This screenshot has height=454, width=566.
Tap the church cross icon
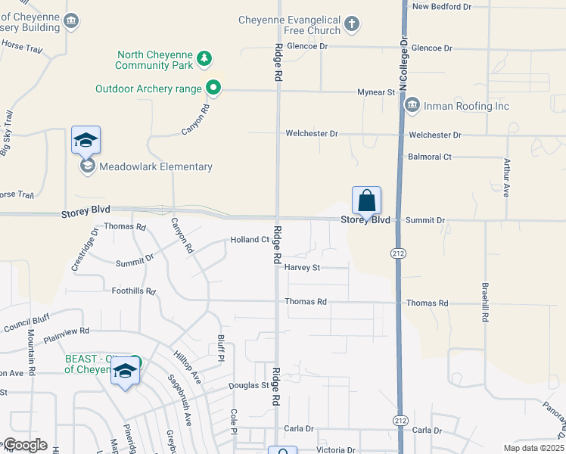[351, 24]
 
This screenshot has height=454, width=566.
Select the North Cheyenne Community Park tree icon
[203, 58]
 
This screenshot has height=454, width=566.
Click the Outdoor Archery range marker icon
[213, 89]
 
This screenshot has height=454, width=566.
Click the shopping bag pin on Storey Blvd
[366, 201]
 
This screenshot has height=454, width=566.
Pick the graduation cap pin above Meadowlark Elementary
[86, 140]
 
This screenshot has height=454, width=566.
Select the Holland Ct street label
[250, 240]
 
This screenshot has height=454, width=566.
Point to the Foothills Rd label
[133, 291]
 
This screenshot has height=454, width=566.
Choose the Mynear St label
[376, 92]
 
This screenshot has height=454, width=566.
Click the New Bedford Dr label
[441, 6]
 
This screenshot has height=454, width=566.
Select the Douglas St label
[250, 385]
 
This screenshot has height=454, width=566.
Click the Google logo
[25, 444]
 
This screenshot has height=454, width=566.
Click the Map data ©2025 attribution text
[533, 448]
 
